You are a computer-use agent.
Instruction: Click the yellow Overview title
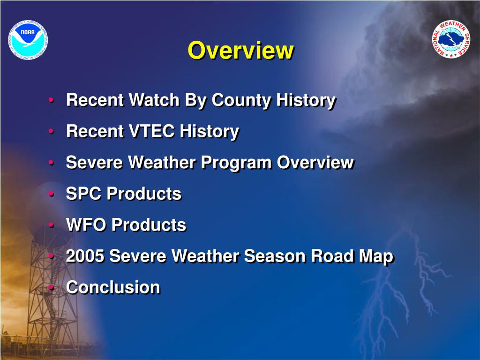coord(240,50)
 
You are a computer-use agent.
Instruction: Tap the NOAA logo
coord(28,40)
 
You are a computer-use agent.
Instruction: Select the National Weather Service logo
coord(451,39)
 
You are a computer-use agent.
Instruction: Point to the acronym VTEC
coord(151,131)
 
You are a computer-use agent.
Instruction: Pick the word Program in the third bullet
coord(236,163)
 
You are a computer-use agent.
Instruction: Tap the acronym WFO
coord(86,225)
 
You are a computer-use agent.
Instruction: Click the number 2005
coord(85,256)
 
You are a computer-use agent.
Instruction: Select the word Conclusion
coord(113,287)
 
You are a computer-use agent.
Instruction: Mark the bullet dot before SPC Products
coord(52,194)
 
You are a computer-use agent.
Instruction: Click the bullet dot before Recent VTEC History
coord(52,131)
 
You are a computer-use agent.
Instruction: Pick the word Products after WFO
coord(149,225)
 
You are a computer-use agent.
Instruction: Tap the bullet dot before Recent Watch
coord(52,100)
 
